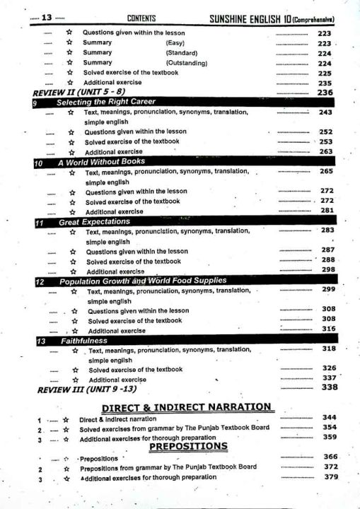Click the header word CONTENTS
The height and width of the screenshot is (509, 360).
(x=141, y=18)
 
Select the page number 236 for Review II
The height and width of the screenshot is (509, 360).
(x=325, y=93)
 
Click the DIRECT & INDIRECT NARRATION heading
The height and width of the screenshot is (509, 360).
(x=187, y=407)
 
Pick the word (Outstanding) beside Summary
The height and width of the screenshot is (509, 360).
(x=186, y=63)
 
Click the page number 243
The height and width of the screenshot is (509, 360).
(x=326, y=112)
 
